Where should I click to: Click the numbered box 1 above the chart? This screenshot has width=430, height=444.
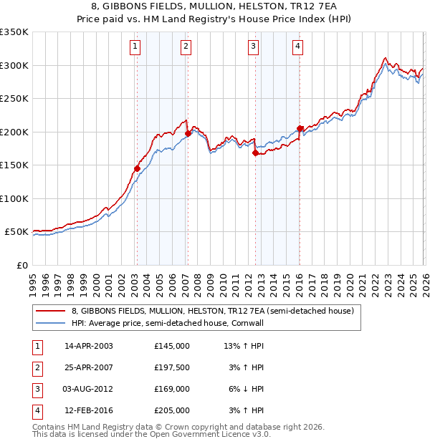[x=135, y=47]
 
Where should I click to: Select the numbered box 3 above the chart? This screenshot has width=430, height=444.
[x=254, y=47]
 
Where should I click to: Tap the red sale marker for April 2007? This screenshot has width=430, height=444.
[x=188, y=133]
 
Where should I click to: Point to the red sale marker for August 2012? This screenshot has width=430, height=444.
[x=255, y=152]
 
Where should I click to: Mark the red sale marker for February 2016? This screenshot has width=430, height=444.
[x=300, y=128]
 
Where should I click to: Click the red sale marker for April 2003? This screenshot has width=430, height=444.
[x=137, y=168]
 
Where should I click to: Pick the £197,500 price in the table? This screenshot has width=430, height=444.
[x=172, y=367]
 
